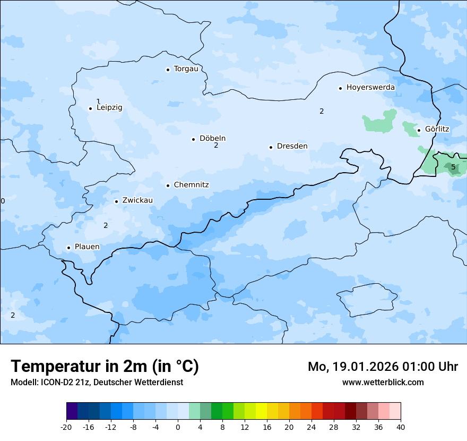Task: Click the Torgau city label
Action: pyautogui.click(x=186, y=69)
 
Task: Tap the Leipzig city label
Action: pyautogui.click(x=109, y=108)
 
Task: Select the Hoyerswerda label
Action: pyautogui.click(x=370, y=88)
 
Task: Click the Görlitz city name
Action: pyautogui.click(x=437, y=129)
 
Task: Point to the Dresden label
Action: pyautogui.click(x=292, y=146)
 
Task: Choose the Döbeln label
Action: pyautogui.click(x=212, y=139)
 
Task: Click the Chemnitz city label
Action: pyautogui.click(x=191, y=185)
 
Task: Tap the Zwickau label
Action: pyautogui.click(x=137, y=200)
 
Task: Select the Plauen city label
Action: pyautogui.click(x=87, y=247)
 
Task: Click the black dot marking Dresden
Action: pyautogui.click(x=271, y=147)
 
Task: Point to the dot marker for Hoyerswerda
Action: pyautogui.click(x=340, y=88)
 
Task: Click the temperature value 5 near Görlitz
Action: pyautogui.click(x=453, y=167)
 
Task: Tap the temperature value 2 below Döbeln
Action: pyautogui.click(x=216, y=146)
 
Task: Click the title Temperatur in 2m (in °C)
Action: pyautogui.click(x=105, y=367)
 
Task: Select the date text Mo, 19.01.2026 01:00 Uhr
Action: pyautogui.click(x=383, y=367)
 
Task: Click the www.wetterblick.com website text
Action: pyautogui.click(x=383, y=383)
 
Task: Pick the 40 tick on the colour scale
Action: pyautogui.click(x=400, y=427)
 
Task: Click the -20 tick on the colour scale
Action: pyautogui.click(x=66, y=427)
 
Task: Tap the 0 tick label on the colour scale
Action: pyautogui.click(x=178, y=427)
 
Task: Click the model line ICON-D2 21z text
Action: pyautogui.click(x=97, y=383)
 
